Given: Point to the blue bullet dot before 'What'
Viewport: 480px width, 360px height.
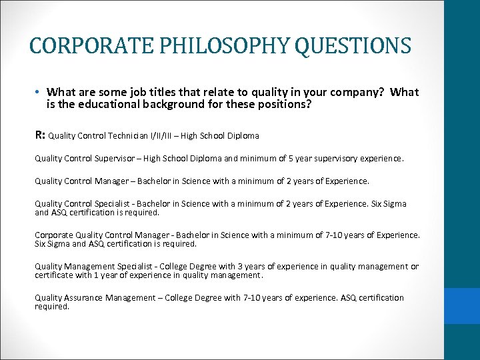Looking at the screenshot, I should (40, 93).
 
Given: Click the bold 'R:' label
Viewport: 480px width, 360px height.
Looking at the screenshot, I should (40, 135).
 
